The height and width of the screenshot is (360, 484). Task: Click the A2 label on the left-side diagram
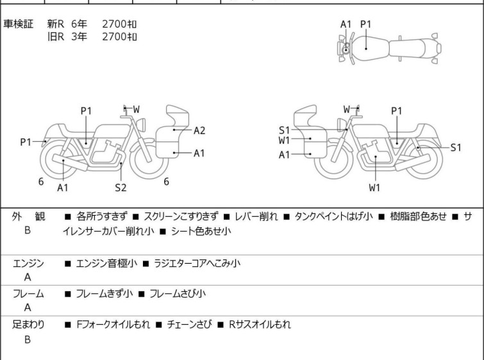[199, 130]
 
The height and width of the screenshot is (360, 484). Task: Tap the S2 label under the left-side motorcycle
[121, 187]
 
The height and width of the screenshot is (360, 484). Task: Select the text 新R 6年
[66, 24]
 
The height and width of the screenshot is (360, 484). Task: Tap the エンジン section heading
[28, 263]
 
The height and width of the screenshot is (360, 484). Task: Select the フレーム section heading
[28, 294]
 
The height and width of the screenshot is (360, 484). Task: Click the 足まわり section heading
[28, 325]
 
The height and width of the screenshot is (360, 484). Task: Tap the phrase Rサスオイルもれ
[260, 325]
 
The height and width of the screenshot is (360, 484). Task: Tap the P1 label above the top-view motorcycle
[365, 24]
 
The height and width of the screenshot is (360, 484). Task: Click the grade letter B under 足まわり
[28, 339]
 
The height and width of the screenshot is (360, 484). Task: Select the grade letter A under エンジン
[28, 278]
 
